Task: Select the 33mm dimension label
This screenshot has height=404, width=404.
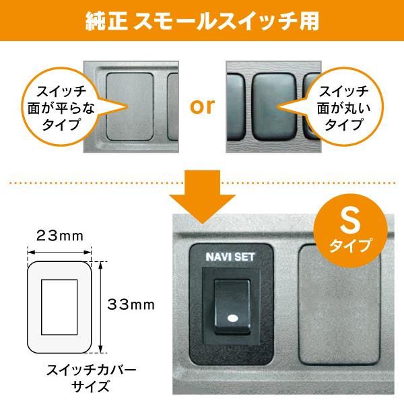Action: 131,304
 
